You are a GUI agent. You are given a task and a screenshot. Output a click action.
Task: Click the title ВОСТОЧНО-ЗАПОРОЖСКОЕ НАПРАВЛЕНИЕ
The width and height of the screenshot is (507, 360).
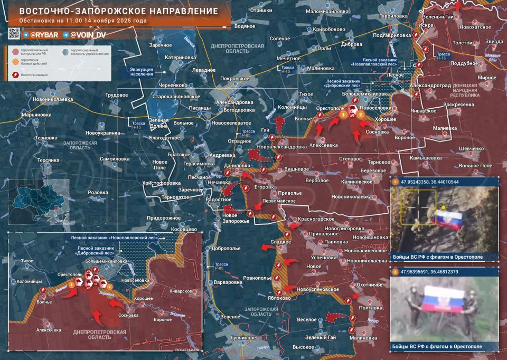point(118,11)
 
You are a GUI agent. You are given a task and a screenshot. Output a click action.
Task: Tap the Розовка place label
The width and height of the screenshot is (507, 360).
point(98,193)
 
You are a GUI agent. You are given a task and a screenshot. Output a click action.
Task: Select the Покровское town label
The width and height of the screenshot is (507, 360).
point(234,78)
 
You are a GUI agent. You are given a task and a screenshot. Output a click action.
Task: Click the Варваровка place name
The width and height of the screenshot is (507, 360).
point(231,282)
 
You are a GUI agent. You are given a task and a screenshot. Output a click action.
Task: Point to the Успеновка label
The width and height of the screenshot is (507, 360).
point(324,257)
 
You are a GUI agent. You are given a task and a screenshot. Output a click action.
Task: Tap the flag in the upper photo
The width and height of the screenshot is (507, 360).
point(448,217)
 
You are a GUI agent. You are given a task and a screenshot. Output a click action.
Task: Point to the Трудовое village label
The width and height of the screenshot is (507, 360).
point(117,94)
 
